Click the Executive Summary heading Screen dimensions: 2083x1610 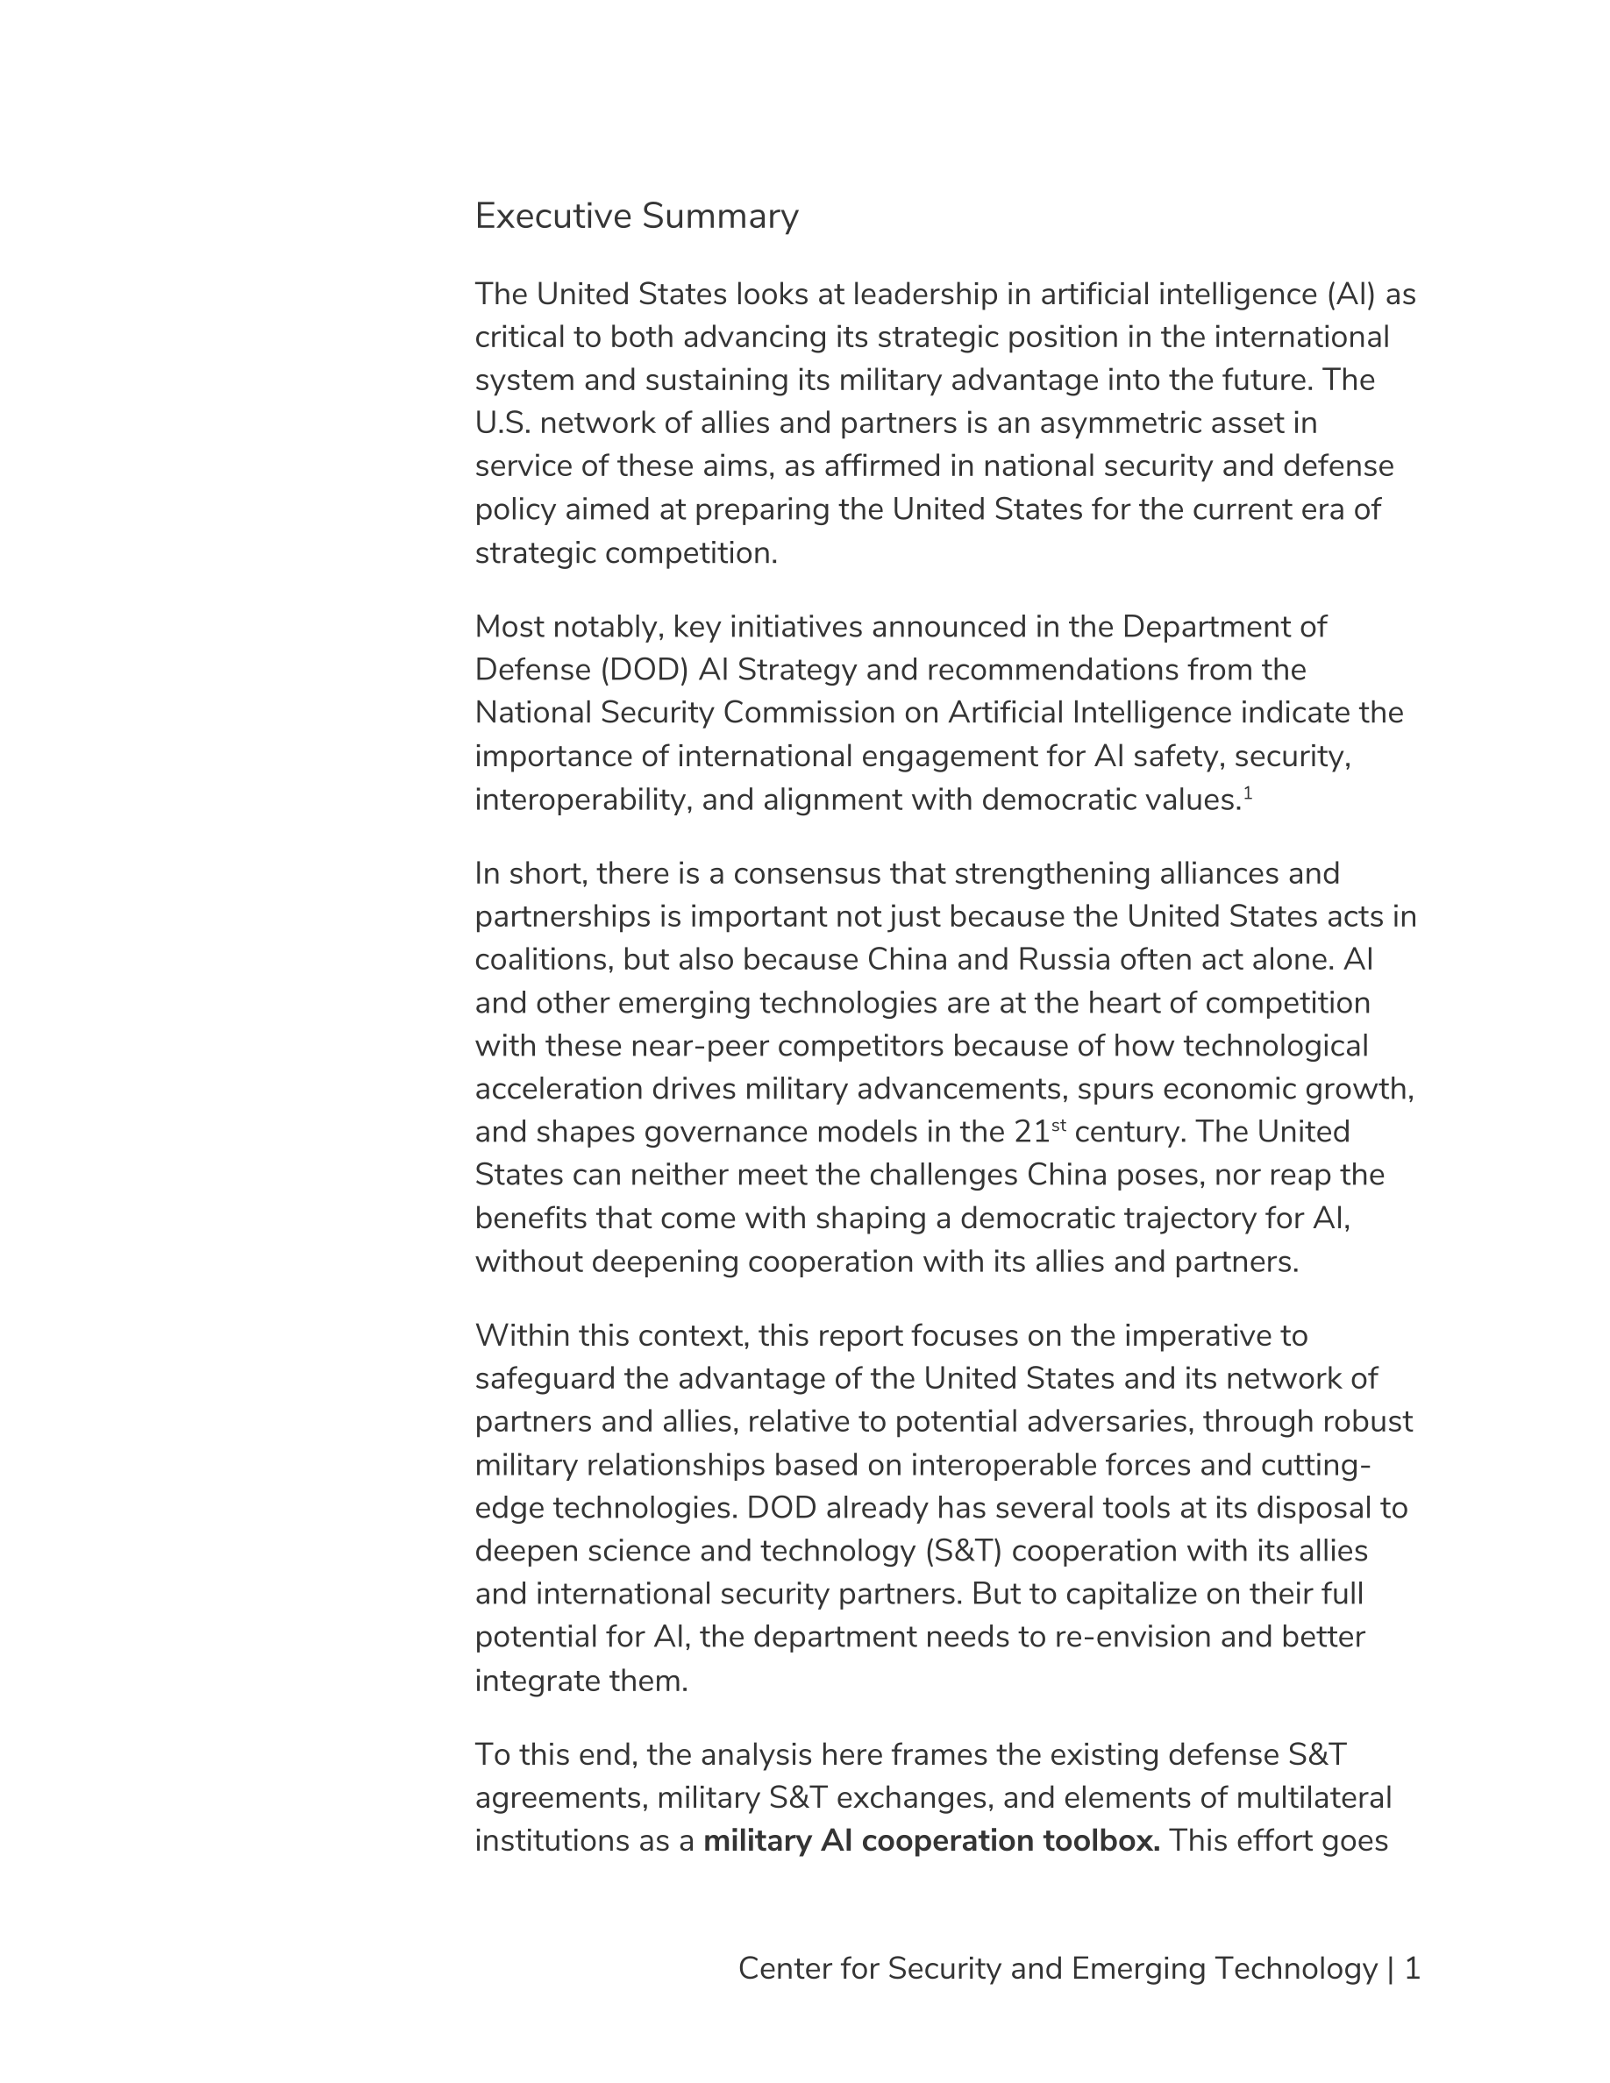click(636, 217)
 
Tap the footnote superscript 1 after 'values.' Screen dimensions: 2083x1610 click(1248, 793)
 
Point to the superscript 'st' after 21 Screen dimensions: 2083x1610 click(1058, 1126)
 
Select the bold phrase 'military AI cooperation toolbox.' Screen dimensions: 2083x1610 click(931, 1841)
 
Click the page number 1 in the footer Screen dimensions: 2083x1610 click(1413, 1968)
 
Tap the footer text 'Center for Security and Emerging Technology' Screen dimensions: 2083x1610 click(1058, 1968)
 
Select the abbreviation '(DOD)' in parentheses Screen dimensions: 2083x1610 click(645, 670)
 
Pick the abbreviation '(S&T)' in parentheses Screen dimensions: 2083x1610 click(964, 1551)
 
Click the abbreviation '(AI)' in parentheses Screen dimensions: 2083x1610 click(1351, 294)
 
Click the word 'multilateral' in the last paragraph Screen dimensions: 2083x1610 click(1314, 1797)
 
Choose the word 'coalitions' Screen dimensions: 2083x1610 click(544, 958)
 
